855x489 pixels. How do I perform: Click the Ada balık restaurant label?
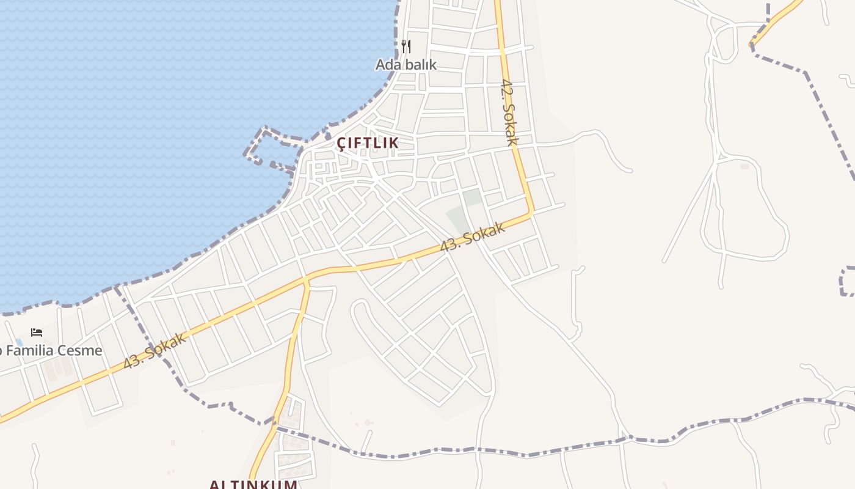pyautogui.click(x=406, y=64)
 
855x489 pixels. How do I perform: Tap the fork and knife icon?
pyautogui.click(x=406, y=46)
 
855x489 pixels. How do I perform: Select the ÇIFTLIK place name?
pyautogui.click(x=368, y=142)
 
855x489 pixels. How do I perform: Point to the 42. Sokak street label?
pyautogui.click(x=509, y=111)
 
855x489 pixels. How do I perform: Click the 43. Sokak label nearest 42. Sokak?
pyautogui.click(x=473, y=237)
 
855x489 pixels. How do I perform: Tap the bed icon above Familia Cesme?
pyautogui.click(x=37, y=333)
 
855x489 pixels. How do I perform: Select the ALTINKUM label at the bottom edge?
pyautogui.click(x=253, y=485)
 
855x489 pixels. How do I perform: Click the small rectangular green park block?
pyautogui.click(x=471, y=197)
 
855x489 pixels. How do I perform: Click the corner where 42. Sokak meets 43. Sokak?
pyautogui.click(x=531, y=213)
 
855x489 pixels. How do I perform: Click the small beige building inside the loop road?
pyautogui.click(x=744, y=166)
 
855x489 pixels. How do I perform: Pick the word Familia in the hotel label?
pyautogui.click(x=29, y=351)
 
